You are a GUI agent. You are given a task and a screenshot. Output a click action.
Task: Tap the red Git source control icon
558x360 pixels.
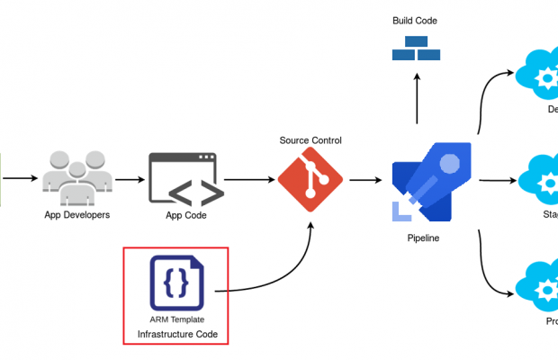click(x=310, y=180)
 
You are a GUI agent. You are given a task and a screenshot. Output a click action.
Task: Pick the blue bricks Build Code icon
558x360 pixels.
click(x=416, y=49)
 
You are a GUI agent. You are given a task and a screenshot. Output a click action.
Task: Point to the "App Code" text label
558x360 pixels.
click(x=186, y=216)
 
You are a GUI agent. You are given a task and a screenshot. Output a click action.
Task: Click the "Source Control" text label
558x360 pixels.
click(x=310, y=140)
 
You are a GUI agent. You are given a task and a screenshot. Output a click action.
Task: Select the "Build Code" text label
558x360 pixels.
click(x=415, y=21)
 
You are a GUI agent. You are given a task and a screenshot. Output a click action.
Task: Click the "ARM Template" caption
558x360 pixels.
click(x=176, y=319)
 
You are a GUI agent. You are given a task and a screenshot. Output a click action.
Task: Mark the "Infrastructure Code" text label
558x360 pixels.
click(x=176, y=335)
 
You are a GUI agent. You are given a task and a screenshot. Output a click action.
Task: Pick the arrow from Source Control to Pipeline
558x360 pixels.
click(x=363, y=180)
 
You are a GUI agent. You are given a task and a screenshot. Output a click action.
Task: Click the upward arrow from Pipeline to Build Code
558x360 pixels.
click(x=416, y=99)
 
